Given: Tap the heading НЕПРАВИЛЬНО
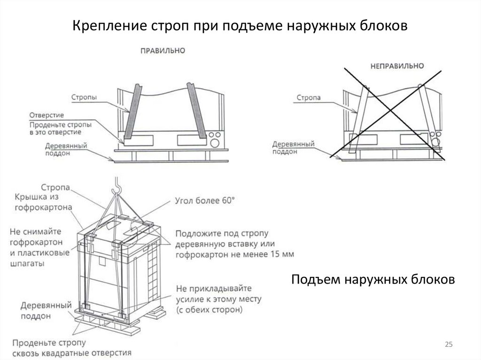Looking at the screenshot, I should click(397, 65).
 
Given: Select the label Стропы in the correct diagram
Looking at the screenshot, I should click(84, 98).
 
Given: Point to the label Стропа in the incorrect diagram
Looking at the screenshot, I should click(309, 98).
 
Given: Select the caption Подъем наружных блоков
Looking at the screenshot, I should click(373, 280).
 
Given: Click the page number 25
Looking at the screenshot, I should click(449, 345).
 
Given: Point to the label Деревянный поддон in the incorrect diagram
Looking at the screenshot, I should click(294, 147).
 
